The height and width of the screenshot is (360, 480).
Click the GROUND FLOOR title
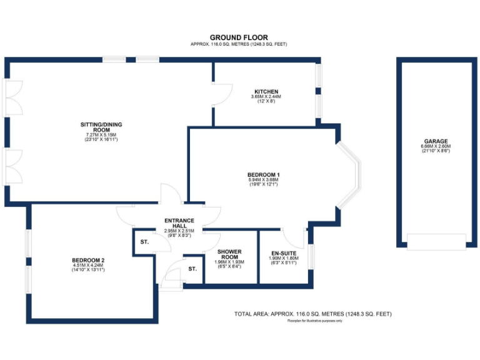(x=239, y=37)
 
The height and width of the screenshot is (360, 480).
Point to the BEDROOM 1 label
(x=263, y=174)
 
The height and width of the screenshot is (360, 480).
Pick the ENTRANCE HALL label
(x=179, y=223)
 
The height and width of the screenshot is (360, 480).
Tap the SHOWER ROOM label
(x=229, y=254)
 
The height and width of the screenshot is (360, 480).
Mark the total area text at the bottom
(x=312, y=313)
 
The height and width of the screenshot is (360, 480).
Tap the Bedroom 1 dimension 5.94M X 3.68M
(x=263, y=180)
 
